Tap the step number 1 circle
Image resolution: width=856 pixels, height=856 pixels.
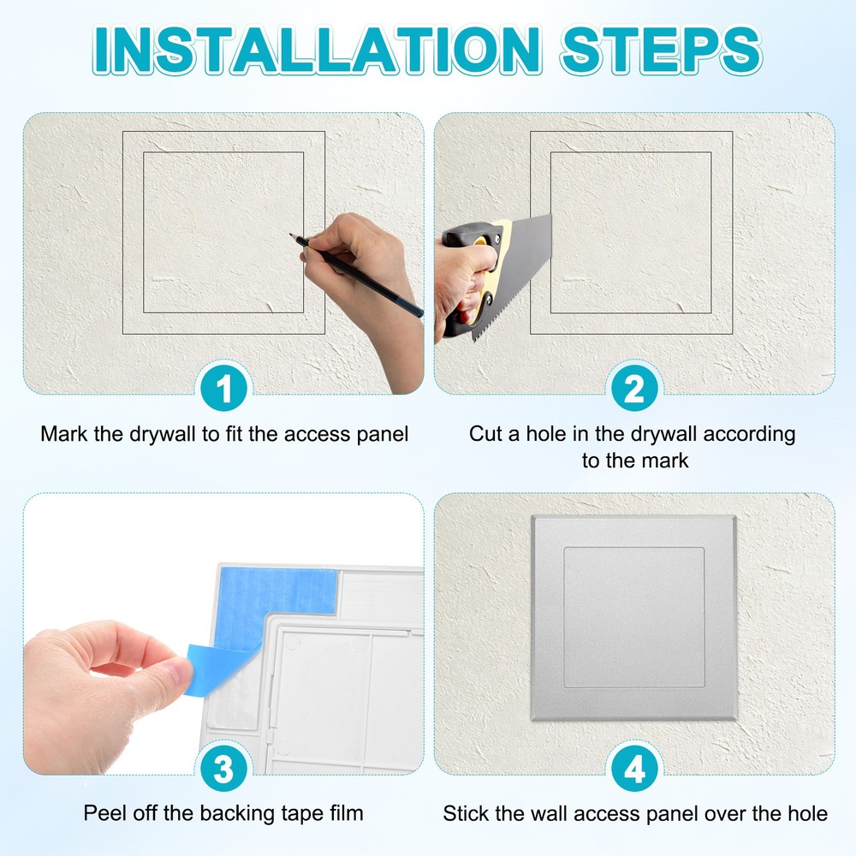(x=224, y=390)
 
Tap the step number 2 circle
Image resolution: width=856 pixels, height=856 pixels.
(x=634, y=390)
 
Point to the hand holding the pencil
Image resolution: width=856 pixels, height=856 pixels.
(x=360, y=257)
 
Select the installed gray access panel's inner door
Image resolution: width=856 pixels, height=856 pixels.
(x=633, y=616)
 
